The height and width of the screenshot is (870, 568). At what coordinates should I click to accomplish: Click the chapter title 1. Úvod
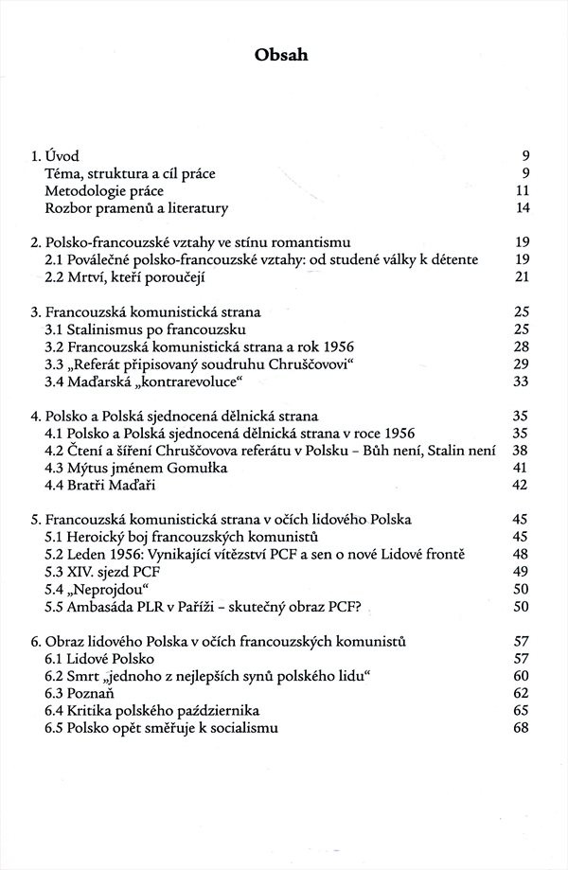(57, 155)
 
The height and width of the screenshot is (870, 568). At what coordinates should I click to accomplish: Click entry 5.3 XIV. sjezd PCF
(109, 572)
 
